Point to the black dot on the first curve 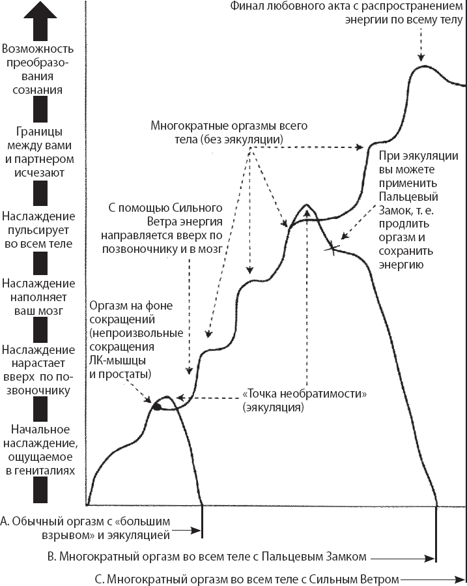pos(156,406)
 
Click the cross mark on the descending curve pos(333,247)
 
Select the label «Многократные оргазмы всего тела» pos(227,132)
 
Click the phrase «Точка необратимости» pos(305,395)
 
